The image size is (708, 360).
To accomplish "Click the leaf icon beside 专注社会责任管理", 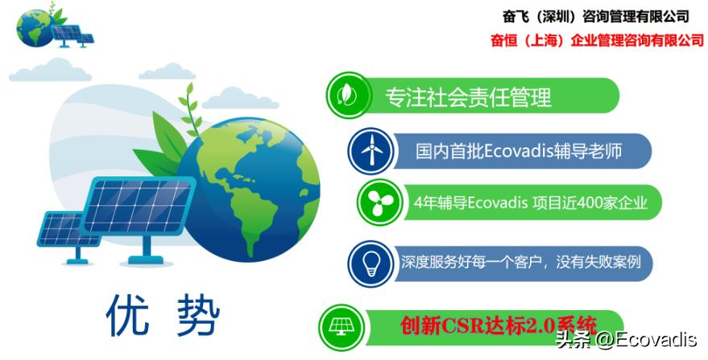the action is tap(348, 95).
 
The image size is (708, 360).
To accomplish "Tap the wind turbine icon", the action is tap(371, 151).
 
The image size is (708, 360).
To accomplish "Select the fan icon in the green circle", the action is tap(379, 202).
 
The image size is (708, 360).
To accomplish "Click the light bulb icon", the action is tap(371, 264).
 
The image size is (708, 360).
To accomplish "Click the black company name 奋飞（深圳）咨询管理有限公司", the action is tap(596, 17).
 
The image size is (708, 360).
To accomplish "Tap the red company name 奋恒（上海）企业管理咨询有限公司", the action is tap(598, 40).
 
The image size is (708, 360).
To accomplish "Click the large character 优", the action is tap(128, 314).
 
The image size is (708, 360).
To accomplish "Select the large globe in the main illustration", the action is tap(249, 190).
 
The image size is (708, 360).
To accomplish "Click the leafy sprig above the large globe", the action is tap(191, 110).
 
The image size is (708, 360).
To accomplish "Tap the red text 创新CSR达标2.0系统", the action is tap(499, 325).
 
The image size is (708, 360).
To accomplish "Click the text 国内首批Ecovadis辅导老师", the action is tap(519, 151).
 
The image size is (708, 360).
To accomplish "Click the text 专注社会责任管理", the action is tap(468, 97).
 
